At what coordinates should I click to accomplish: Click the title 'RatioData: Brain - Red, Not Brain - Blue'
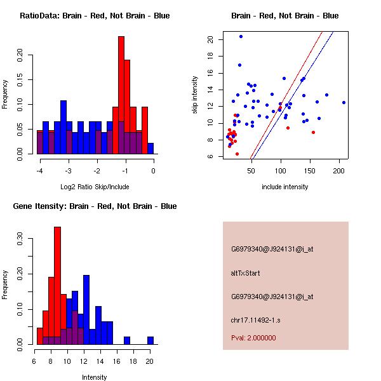[x=95, y=16]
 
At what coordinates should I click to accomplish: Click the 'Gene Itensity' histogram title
[x=95, y=206]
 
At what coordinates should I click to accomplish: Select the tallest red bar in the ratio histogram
[x=121, y=95]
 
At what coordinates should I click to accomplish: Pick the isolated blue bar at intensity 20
[x=150, y=340]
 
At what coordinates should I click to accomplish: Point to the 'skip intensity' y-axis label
[x=196, y=95]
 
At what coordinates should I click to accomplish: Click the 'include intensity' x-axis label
[x=284, y=187]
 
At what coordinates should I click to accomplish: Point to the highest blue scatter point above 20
[x=241, y=36]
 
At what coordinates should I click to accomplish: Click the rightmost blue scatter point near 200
[x=344, y=102]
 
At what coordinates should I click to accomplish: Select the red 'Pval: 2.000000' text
[x=253, y=338]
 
